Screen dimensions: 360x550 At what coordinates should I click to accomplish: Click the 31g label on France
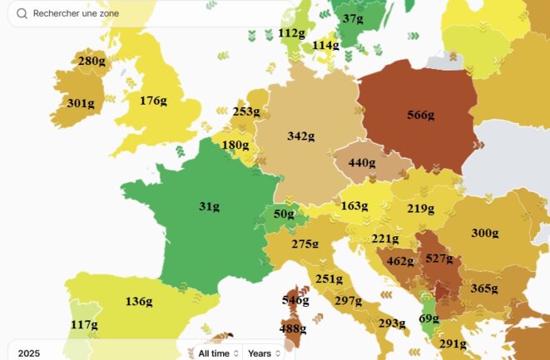209,206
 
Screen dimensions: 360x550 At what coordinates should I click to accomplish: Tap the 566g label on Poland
420,115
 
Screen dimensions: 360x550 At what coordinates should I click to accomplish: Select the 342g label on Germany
300,136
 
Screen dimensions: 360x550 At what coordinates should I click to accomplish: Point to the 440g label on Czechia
362,163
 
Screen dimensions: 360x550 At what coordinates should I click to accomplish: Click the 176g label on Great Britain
153,101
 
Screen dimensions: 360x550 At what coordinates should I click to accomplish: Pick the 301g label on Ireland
80,103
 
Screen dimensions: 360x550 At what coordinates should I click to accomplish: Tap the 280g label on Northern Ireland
92,61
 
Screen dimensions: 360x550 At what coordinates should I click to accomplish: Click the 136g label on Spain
139,301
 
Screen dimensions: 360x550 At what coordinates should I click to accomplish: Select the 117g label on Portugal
83,324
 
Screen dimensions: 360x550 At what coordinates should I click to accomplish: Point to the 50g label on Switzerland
284,215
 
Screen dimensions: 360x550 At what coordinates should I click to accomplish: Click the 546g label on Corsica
295,299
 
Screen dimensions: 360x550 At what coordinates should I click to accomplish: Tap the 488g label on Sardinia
291,328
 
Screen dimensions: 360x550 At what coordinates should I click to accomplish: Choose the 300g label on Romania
485,233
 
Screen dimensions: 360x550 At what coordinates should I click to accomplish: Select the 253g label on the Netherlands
246,111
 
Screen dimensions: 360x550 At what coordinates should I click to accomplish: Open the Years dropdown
264,353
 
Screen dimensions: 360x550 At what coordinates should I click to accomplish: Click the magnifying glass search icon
22,14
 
